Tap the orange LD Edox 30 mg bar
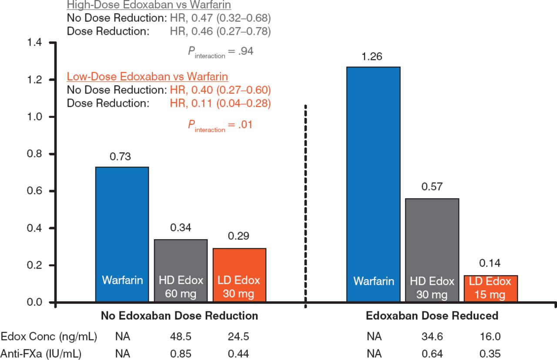coord(239,270)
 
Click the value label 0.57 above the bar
coord(432,187)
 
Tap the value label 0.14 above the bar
coord(490,263)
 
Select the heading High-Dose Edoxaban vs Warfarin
coord(149,6)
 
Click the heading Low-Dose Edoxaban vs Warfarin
coord(147,77)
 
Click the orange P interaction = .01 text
coord(220,125)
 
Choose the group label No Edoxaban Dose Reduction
coord(179,316)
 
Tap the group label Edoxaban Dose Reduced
coord(432,316)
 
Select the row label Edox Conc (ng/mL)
coord(49,337)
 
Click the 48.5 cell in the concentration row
coord(181,337)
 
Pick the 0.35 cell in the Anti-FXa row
coord(490,353)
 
